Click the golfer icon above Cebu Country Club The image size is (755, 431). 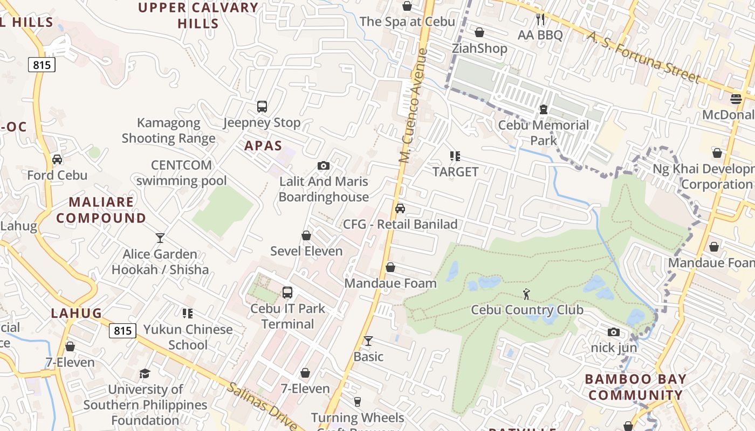click(527, 294)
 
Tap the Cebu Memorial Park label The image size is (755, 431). click(543, 133)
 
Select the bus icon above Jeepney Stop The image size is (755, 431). click(262, 106)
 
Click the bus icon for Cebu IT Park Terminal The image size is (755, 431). click(287, 293)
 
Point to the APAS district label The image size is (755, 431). click(263, 145)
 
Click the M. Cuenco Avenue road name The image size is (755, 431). click(414, 107)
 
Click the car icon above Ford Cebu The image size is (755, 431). click(57, 159)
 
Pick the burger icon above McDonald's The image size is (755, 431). click(736, 99)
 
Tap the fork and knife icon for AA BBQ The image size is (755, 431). click(540, 20)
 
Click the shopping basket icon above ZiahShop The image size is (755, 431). click(479, 32)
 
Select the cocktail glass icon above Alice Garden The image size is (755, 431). click(160, 238)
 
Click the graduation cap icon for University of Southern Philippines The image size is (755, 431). click(145, 373)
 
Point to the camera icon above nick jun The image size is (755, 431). click(614, 332)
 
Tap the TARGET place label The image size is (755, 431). click(455, 172)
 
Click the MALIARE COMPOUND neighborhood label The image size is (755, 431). click(101, 210)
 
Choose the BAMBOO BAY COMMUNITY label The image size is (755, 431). click(635, 387)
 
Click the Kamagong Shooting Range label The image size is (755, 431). click(168, 131)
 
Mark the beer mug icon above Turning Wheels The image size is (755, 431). click(357, 401)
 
